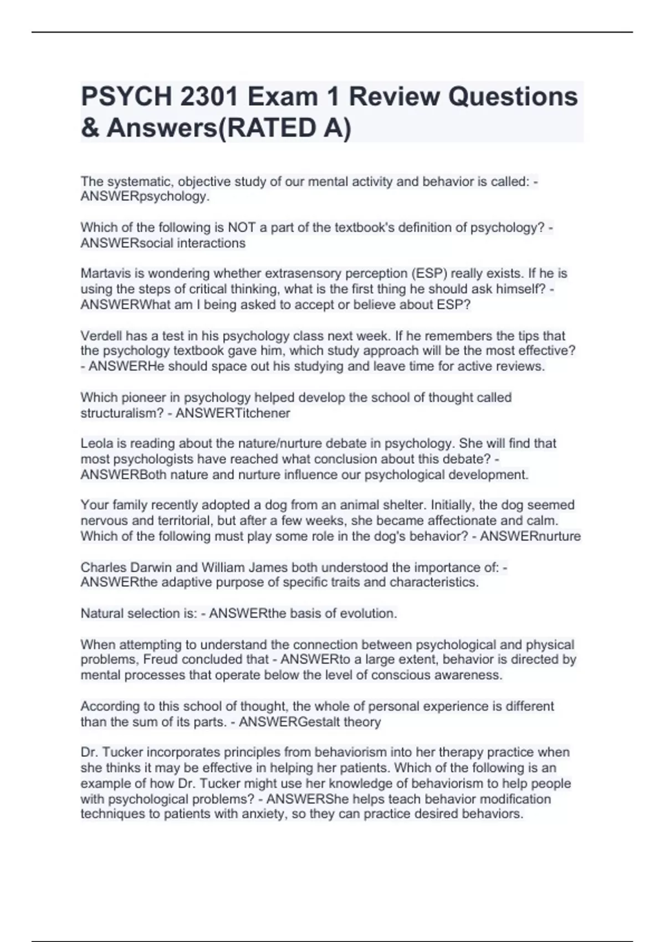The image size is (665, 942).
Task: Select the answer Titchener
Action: tap(263, 413)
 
